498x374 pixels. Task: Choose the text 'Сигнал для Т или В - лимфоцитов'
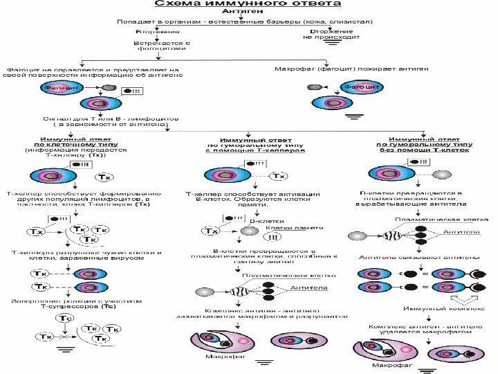(x=111, y=118)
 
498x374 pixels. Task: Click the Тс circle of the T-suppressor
(x=65, y=318)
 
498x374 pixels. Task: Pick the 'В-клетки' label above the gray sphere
(x=261, y=220)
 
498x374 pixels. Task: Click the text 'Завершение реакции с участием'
(x=76, y=301)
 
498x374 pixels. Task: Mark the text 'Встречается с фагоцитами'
(x=160, y=46)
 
